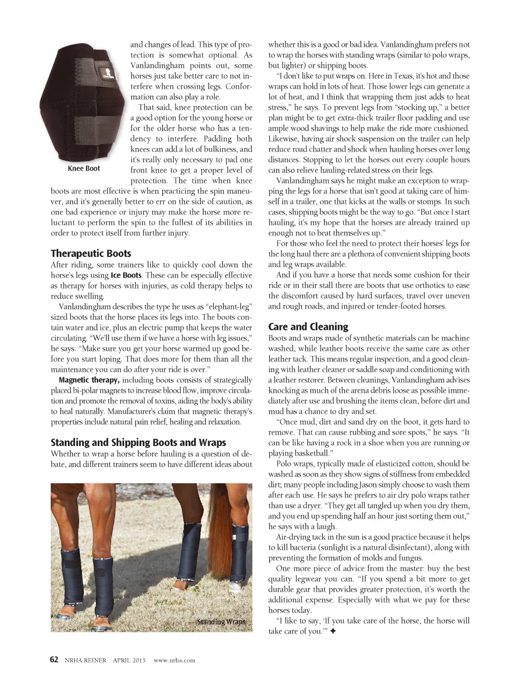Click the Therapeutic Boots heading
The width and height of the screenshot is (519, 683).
coord(91,254)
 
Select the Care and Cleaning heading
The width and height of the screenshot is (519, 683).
coord(308,327)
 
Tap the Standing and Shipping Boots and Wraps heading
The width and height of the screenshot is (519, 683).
coord(138,443)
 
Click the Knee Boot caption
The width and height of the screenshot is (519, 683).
coord(84,169)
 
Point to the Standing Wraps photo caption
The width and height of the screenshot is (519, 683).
coord(221,621)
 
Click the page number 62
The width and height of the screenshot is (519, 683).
coord(55,659)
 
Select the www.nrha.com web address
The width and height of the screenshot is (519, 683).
coord(174,660)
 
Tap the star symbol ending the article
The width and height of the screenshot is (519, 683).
coord(333,631)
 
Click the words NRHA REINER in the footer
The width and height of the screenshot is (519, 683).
coord(85,660)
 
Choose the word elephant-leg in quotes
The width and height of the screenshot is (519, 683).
coord(223,307)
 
